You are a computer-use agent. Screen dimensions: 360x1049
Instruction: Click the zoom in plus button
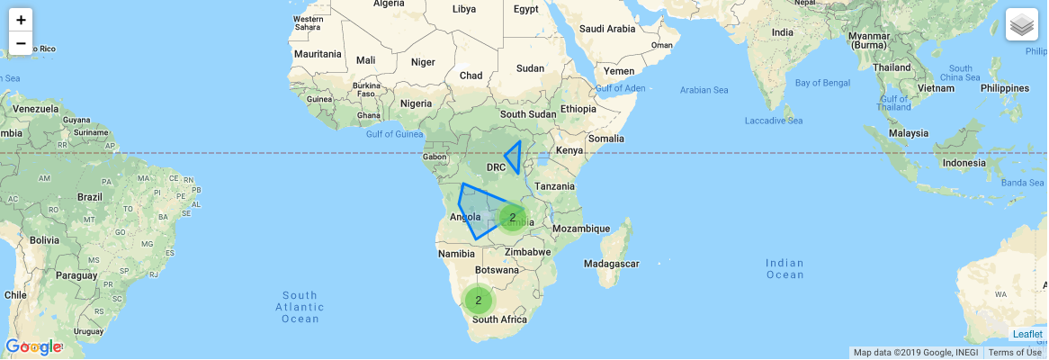tap(21, 20)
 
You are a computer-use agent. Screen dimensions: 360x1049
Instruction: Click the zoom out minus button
tap(21, 43)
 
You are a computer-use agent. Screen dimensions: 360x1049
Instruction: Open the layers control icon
tap(1021, 24)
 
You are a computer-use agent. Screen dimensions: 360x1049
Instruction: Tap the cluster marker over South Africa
tap(479, 301)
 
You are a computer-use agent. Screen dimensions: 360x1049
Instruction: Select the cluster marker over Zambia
tap(513, 217)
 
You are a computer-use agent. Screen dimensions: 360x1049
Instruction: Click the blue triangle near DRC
tap(515, 156)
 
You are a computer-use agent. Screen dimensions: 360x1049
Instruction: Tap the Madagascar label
tap(611, 264)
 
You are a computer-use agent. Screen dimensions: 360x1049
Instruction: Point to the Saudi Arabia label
tap(607, 29)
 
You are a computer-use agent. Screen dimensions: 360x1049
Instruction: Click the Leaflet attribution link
tap(1027, 334)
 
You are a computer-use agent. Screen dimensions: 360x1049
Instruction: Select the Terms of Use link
tap(1014, 352)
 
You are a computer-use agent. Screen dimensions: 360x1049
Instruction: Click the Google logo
tap(33, 346)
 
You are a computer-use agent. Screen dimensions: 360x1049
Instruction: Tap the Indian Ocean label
tap(785, 269)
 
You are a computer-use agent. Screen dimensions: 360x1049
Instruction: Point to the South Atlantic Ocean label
tap(300, 307)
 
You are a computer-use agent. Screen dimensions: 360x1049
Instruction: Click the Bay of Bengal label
tap(823, 84)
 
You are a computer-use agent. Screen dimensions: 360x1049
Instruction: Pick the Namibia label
tap(455, 255)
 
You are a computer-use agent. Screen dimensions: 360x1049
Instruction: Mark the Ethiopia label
tap(578, 109)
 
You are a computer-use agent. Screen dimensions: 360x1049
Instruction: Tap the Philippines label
tap(1004, 88)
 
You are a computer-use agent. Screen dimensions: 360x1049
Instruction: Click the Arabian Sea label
tap(704, 90)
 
